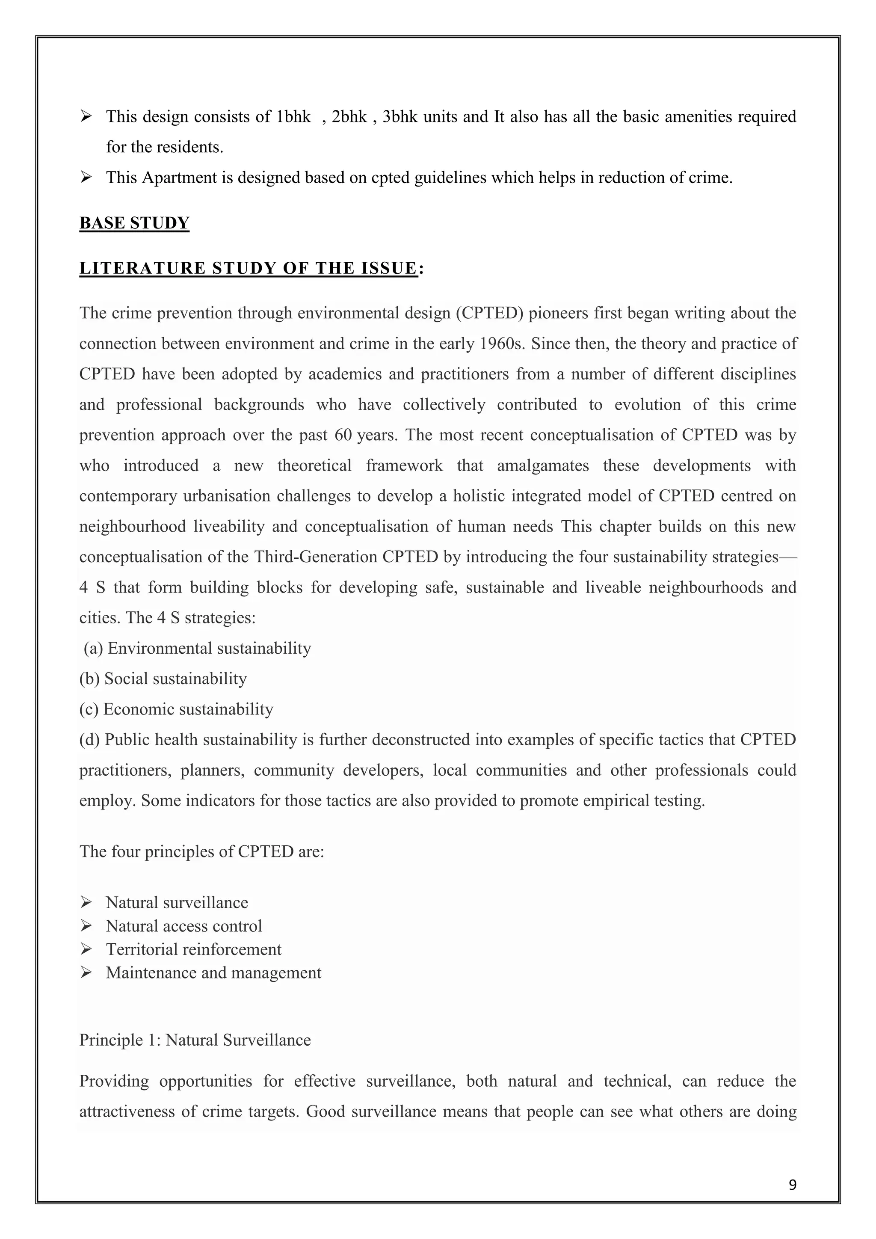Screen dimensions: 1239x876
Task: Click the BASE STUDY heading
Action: click(x=134, y=223)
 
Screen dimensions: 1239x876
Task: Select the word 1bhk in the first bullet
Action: click(x=293, y=116)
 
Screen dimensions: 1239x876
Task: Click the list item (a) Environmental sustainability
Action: click(x=198, y=648)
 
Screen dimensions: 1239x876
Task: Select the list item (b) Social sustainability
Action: click(x=163, y=678)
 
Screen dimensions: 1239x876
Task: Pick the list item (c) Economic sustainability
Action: click(x=176, y=709)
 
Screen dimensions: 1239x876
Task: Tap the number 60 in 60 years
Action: click(x=343, y=435)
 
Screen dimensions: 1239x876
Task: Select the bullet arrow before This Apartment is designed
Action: click(x=86, y=177)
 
